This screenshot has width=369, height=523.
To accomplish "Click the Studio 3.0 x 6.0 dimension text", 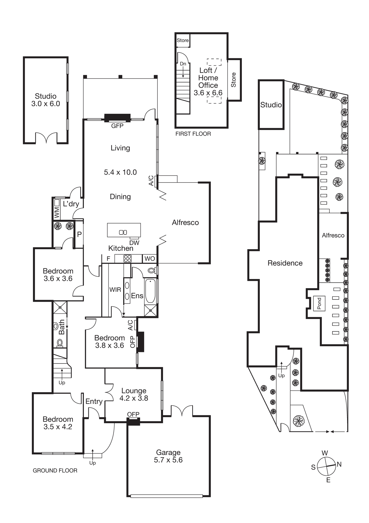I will click(x=46, y=104).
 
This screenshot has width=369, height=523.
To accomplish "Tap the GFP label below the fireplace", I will click(x=117, y=126).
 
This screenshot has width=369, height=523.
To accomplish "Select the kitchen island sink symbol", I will click(x=123, y=232).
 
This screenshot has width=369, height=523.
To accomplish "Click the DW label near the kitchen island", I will click(x=134, y=243).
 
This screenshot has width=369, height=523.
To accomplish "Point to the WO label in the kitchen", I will click(x=150, y=259).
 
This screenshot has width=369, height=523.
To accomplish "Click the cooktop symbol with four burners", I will click(x=127, y=259).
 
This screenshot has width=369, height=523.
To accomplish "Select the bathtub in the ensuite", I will click(x=150, y=291).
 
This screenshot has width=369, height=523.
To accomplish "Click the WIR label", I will click(x=115, y=290).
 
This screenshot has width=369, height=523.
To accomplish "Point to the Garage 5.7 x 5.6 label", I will click(x=168, y=460).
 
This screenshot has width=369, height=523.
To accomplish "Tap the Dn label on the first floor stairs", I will click(x=183, y=64).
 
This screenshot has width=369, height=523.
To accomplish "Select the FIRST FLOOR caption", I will click(x=193, y=134).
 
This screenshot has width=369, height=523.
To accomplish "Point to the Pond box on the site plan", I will click(x=319, y=303).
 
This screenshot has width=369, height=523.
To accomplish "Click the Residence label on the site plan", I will click(x=285, y=263).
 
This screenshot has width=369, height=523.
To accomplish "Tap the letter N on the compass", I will click(x=339, y=464).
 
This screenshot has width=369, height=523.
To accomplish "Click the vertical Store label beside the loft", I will click(x=233, y=80).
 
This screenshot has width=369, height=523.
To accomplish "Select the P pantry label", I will click(x=79, y=234).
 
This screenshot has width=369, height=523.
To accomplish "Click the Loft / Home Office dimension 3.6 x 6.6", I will click(x=208, y=93).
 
